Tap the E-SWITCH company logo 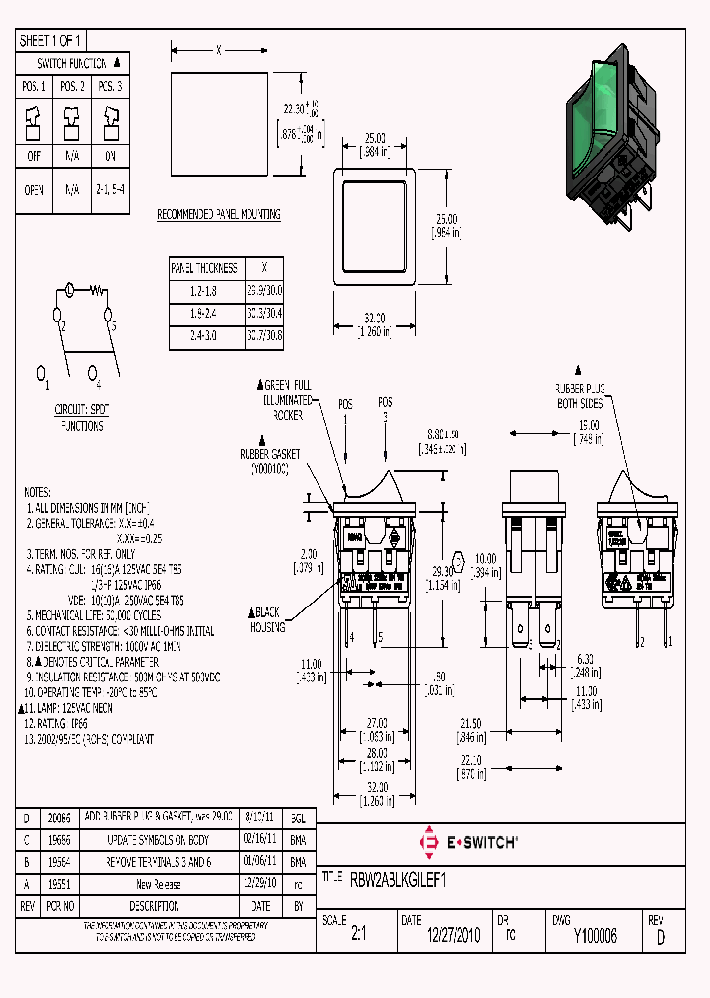[469, 842]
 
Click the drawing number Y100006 [595, 936]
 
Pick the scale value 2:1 [358, 936]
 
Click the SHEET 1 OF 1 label [51, 40]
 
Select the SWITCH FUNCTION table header [71, 62]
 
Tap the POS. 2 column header [71, 87]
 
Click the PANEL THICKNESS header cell [204, 267]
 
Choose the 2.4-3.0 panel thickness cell [204, 335]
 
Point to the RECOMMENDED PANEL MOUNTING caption [219, 214]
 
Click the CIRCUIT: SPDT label [82, 408]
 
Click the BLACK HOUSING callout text [269, 619]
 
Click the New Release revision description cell [158, 884]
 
